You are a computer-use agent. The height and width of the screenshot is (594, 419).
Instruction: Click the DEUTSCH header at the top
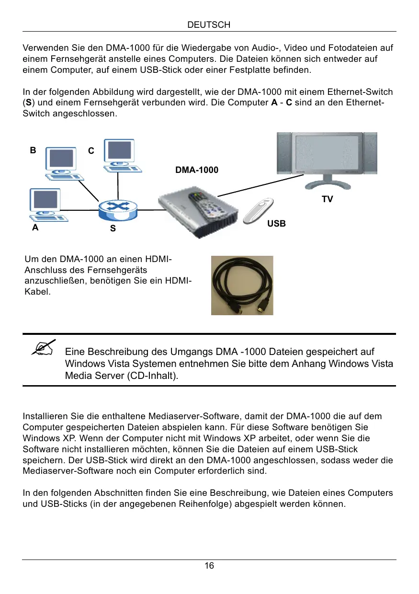point(209,24)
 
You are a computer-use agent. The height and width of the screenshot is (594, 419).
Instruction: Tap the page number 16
point(209,566)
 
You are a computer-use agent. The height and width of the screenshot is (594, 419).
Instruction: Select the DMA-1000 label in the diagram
point(196,170)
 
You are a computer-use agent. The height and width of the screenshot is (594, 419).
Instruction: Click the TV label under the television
point(327,199)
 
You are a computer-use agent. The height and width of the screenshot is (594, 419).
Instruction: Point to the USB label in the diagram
point(276,224)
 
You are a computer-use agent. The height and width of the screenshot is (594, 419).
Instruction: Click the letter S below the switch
point(113,229)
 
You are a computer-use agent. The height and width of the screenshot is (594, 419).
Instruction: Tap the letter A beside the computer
point(35,228)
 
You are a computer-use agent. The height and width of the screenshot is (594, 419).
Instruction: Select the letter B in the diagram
point(33,150)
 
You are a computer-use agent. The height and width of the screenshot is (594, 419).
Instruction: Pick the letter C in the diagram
point(91,151)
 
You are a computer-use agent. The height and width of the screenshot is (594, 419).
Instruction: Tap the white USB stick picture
point(259,211)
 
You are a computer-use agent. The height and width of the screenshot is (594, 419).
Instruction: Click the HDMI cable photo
point(242,285)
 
